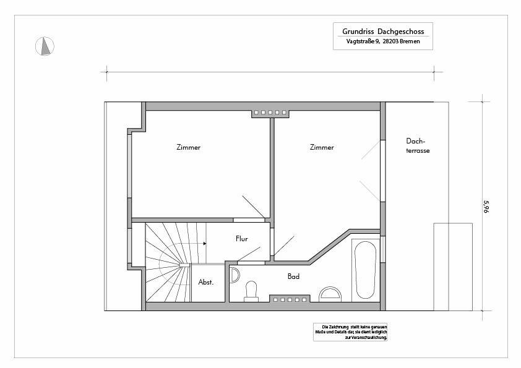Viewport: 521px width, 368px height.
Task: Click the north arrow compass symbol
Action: pyautogui.click(x=45, y=46)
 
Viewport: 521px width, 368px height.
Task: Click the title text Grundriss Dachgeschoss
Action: pyautogui.click(x=383, y=32)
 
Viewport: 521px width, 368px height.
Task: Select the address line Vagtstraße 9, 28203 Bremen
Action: pyautogui.click(x=383, y=41)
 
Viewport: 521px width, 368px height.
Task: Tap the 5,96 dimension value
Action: pyautogui.click(x=486, y=206)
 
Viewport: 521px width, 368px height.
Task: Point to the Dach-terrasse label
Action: pyautogui.click(x=418, y=146)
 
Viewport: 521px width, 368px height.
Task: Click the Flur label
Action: pyautogui.click(x=241, y=239)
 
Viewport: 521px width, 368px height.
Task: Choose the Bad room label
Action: pyautogui.click(x=293, y=276)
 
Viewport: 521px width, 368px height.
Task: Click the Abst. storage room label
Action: pyautogui.click(x=205, y=282)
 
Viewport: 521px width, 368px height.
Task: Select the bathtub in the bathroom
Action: pyautogui.click(x=366, y=270)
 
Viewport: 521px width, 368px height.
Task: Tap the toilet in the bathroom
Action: pyautogui.click(x=251, y=291)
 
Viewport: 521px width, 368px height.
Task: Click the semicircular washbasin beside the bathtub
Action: pyautogui.click(x=330, y=294)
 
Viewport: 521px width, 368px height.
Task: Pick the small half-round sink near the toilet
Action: pyautogui.click(x=235, y=275)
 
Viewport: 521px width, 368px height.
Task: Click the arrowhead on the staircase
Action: pyautogui.click(x=205, y=244)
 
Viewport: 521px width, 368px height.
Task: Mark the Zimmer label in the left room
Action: pyautogui.click(x=188, y=147)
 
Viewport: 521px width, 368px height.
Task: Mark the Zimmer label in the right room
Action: pyautogui.click(x=322, y=147)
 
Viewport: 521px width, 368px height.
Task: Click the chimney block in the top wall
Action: pyautogui.click(x=270, y=113)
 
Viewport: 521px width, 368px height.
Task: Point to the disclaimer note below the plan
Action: pyautogui.click(x=350, y=332)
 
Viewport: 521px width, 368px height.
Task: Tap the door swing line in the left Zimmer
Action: pyautogui.click(x=254, y=207)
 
